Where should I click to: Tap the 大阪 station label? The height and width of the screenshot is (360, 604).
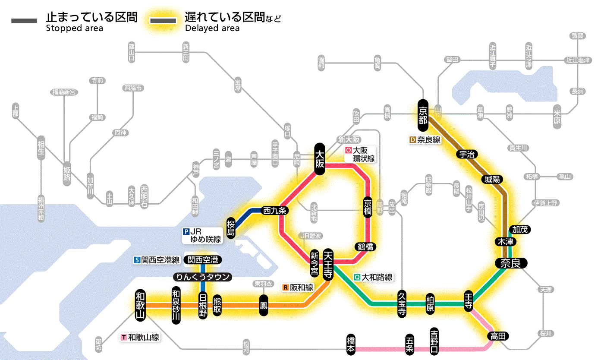click(320, 159)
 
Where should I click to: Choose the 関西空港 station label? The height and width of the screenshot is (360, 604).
click(202, 260)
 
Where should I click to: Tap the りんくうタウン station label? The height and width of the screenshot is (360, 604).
click(202, 277)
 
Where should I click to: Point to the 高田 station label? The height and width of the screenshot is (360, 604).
click(499, 336)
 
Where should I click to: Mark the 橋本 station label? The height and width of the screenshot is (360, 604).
click(351, 345)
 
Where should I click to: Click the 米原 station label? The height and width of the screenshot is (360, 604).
click(557, 115)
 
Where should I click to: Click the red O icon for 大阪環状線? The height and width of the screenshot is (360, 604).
click(348, 151)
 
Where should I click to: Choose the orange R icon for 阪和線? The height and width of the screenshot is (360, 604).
click(285, 287)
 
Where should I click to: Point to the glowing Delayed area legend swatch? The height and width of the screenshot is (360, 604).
click(163, 20)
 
